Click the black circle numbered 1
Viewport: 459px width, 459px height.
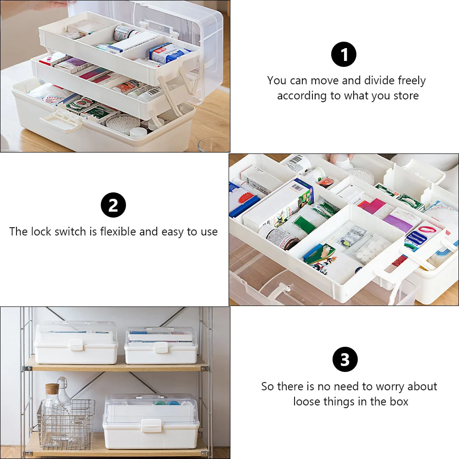click(x=344, y=55)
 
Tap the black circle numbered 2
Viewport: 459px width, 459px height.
click(x=113, y=205)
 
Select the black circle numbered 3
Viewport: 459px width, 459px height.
click(x=344, y=360)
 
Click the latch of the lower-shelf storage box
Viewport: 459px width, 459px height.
click(x=151, y=425)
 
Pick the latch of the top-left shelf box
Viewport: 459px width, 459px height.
click(x=76, y=345)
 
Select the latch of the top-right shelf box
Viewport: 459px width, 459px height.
click(x=161, y=347)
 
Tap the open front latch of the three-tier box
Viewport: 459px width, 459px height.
click(x=60, y=122)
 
